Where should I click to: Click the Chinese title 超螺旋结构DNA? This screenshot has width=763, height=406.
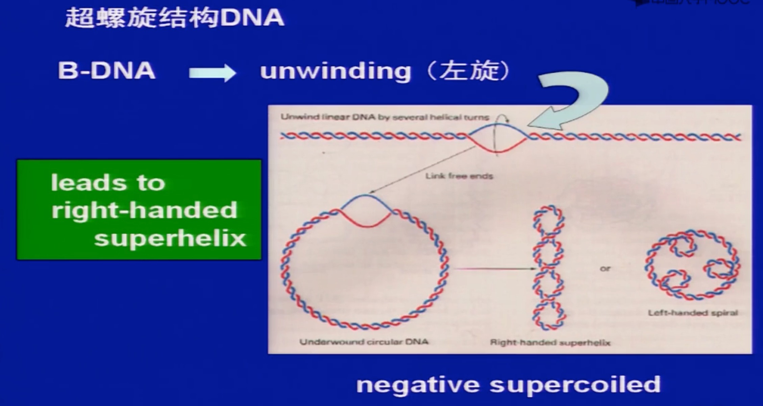tap(174, 18)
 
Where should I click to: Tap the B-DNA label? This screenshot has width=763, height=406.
tap(106, 71)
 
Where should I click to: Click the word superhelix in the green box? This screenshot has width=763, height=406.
tap(170, 239)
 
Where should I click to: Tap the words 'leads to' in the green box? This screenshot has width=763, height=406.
tap(108, 183)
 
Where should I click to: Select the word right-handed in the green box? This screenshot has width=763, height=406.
tap(144, 210)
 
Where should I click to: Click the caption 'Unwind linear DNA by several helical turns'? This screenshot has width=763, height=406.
tap(385, 117)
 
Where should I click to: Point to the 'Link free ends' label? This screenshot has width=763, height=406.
tap(459, 176)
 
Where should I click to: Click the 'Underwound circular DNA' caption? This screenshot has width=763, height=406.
tap(364, 342)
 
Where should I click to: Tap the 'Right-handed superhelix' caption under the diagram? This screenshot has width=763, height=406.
tap(550, 343)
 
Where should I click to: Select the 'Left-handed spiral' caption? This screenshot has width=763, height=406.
tap(692, 313)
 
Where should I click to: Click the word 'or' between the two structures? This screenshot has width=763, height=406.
tap(605, 269)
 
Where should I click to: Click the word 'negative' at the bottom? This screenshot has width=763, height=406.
tap(418, 385)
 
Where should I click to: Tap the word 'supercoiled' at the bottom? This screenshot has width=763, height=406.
tap(575, 385)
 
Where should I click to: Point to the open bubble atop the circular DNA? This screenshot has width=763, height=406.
tap(366, 211)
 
